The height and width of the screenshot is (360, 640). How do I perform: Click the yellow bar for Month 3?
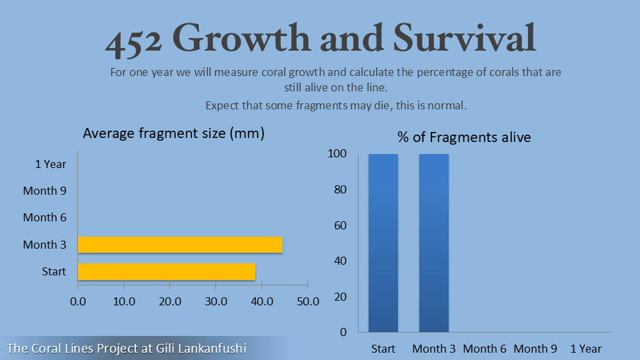(180, 245)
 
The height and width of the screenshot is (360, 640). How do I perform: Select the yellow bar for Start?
(167, 271)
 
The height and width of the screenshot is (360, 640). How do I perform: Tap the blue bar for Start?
(383, 243)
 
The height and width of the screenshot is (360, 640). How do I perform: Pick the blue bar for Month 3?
(433, 243)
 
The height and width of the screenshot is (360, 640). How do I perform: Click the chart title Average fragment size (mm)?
(173, 133)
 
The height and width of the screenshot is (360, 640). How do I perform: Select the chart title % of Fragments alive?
(464, 137)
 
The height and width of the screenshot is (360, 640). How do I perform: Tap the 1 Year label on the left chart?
(51, 163)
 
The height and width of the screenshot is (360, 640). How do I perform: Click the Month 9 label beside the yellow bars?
(45, 191)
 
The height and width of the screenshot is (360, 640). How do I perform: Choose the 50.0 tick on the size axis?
(307, 301)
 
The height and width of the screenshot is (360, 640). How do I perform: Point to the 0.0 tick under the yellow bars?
(78, 301)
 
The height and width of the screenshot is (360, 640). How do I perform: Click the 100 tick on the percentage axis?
(337, 154)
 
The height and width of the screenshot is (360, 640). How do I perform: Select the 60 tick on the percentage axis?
(340, 225)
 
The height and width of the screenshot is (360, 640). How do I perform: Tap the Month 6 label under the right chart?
(485, 349)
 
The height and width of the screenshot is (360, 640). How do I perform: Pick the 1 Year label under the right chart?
(585, 349)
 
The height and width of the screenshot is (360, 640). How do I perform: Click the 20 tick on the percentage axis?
(340, 297)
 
